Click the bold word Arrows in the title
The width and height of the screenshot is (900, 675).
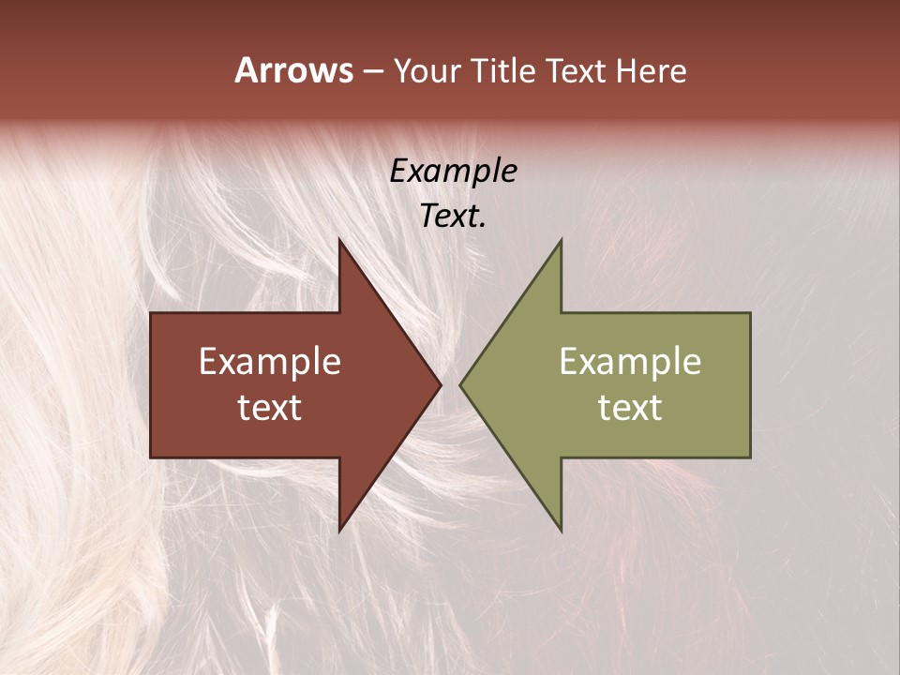click(x=293, y=71)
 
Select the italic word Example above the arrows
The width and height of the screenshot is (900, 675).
click(x=454, y=172)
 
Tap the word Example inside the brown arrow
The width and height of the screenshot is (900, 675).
click(x=270, y=362)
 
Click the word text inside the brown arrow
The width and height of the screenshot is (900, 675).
click(x=270, y=408)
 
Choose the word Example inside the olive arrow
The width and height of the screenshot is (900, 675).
click(x=630, y=362)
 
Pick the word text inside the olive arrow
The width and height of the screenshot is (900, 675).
click(x=630, y=408)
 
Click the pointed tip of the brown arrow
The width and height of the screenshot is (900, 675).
click(x=439, y=384)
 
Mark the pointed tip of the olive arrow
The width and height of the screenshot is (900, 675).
click(x=462, y=384)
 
